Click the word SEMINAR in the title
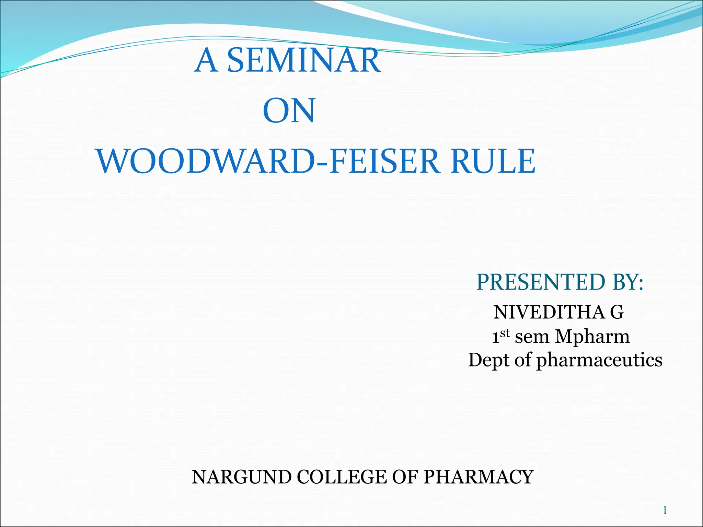tap(304, 61)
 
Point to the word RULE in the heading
tap(493, 161)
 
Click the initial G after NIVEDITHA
tap(617, 312)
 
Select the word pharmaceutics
tap(599, 361)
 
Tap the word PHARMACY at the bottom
tap(478, 477)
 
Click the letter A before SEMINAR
tap(206, 61)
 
